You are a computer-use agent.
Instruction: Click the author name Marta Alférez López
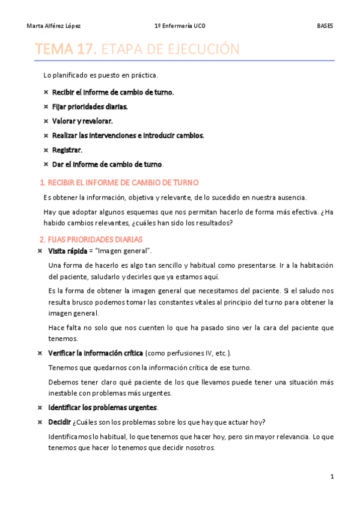[x=54, y=26]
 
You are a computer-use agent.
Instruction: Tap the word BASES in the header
[x=325, y=26]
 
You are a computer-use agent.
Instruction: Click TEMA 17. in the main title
[x=66, y=49]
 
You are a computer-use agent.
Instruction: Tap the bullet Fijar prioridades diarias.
[x=90, y=106]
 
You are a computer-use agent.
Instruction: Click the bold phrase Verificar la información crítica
[x=96, y=353]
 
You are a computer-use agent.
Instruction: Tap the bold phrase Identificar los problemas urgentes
[x=99, y=407]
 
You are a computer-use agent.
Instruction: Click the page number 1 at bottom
[x=332, y=476]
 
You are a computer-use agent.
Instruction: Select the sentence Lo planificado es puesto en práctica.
[x=101, y=75]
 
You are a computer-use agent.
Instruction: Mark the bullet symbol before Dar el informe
[x=46, y=164]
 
